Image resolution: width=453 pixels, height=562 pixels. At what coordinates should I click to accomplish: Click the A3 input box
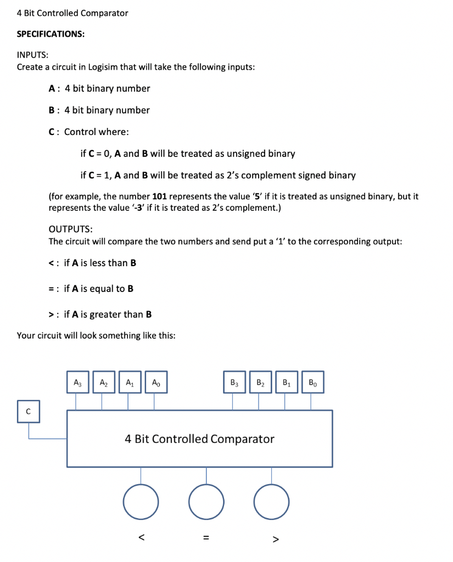click(76, 382)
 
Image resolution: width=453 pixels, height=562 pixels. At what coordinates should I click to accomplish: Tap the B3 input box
click(233, 382)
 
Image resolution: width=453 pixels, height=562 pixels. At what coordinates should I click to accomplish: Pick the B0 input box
click(312, 382)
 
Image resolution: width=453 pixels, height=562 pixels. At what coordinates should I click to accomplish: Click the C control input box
click(28, 411)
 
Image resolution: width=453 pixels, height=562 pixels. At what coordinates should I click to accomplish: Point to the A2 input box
click(103, 382)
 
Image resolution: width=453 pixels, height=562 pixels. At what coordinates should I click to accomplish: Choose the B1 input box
click(286, 382)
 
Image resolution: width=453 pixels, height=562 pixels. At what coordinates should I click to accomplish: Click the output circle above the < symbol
click(141, 502)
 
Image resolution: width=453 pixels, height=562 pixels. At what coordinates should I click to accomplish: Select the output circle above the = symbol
click(206, 502)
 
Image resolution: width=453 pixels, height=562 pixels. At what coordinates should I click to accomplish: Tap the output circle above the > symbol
click(272, 502)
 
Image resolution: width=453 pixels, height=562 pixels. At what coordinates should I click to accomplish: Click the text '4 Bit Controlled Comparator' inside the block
click(199, 439)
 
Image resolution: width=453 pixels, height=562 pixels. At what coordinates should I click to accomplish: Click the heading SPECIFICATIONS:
click(51, 34)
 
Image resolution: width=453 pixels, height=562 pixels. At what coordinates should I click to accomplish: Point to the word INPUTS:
click(32, 55)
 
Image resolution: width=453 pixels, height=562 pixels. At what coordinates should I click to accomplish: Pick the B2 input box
click(260, 382)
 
